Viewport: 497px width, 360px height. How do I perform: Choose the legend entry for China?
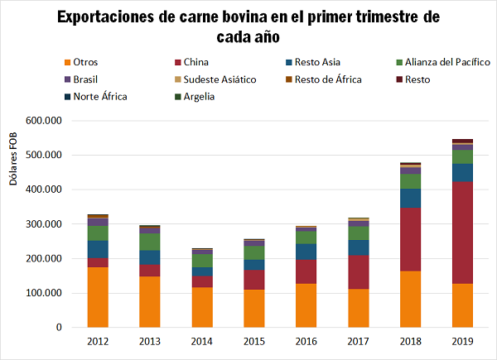pos(195,62)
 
